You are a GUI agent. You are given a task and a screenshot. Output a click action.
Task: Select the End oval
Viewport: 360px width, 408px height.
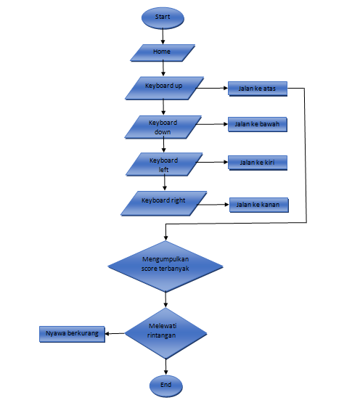pyautogui.click(x=166, y=385)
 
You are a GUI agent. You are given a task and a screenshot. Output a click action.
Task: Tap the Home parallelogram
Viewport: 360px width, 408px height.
pyautogui.click(x=163, y=53)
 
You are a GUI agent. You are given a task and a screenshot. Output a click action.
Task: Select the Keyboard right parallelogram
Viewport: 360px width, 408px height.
pyautogui.click(x=163, y=203)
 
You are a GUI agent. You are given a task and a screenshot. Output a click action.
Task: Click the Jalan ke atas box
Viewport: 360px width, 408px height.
pyautogui.click(x=258, y=89)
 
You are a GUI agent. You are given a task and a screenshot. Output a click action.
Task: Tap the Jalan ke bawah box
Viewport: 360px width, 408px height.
pyautogui.click(x=258, y=125)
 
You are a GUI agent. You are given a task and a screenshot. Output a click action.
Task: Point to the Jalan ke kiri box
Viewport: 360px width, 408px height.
pyautogui.click(x=258, y=163)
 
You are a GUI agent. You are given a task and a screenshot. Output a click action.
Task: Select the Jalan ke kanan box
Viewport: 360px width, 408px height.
pyautogui.click(x=258, y=205)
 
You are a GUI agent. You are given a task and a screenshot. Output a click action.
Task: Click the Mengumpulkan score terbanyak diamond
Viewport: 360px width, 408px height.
pyautogui.click(x=166, y=265)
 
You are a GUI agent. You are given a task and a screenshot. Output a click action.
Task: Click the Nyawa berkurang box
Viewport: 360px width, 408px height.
pyautogui.click(x=71, y=334)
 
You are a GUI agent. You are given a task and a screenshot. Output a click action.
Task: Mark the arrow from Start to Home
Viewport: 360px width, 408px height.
pyautogui.click(x=164, y=36)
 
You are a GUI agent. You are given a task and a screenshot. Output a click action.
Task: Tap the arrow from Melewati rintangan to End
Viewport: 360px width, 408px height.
pyautogui.click(x=166, y=366)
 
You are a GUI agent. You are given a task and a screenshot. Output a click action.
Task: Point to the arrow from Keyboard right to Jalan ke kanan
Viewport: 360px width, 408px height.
pyautogui.click(x=216, y=205)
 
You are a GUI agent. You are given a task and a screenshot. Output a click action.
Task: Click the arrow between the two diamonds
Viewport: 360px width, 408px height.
pyautogui.click(x=166, y=299)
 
